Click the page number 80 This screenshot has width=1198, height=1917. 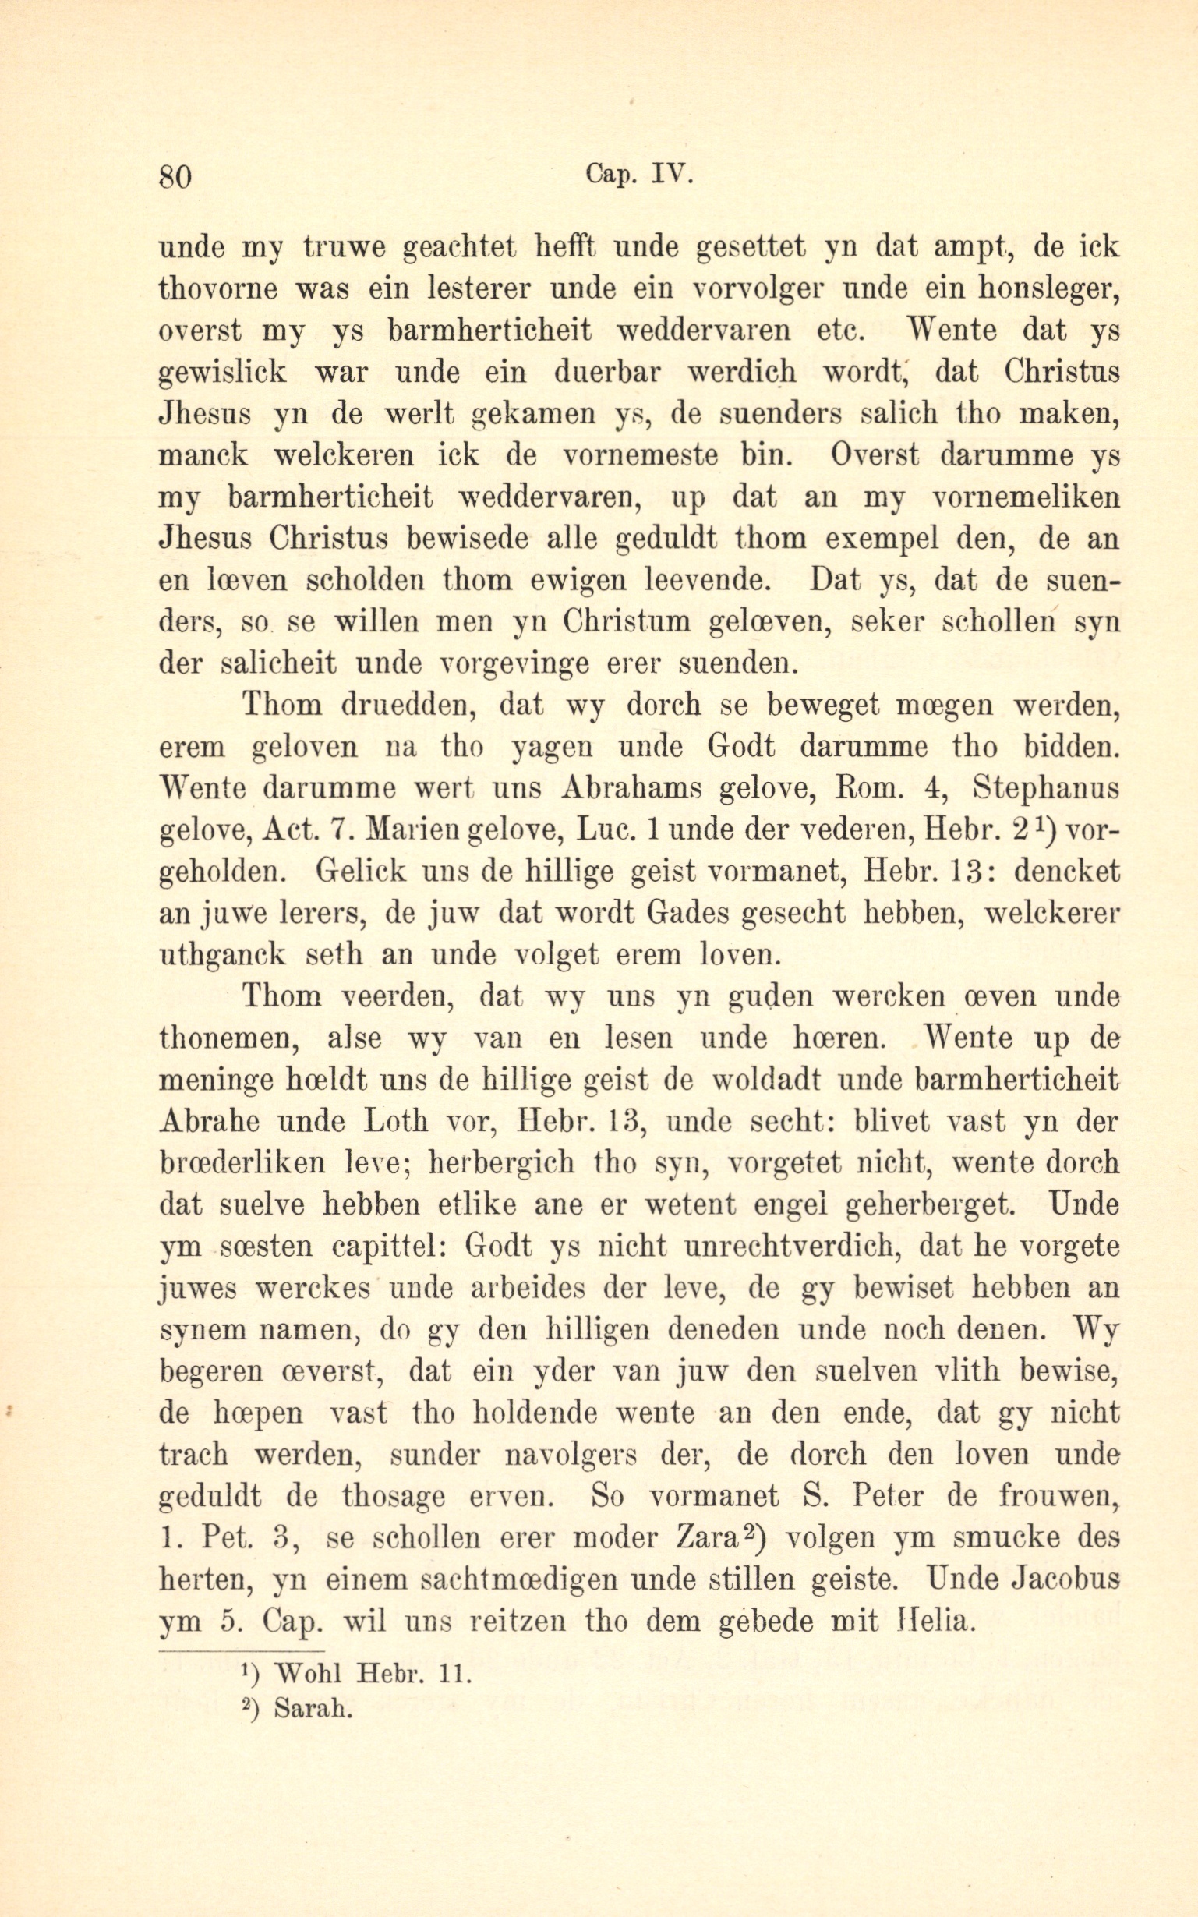[x=175, y=176]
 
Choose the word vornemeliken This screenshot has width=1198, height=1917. [x=1026, y=497]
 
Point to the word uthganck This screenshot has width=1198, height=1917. [x=223, y=955]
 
